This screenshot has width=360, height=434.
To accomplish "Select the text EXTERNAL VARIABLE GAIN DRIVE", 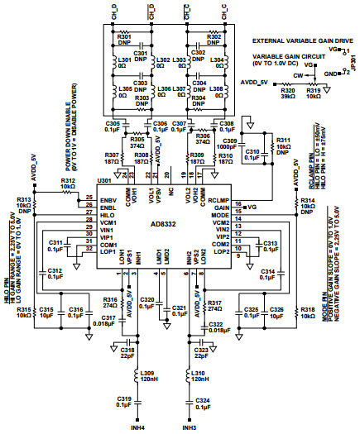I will [297, 39].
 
